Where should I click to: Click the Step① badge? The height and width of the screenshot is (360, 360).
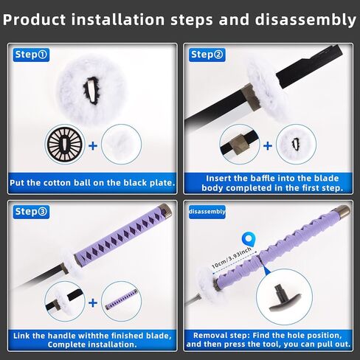[31, 55]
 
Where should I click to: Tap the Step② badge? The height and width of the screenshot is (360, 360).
[207, 55]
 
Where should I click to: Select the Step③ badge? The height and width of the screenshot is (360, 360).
[31, 212]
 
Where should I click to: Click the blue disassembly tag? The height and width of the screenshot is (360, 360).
[207, 212]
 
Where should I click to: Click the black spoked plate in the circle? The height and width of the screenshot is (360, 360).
[65, 145]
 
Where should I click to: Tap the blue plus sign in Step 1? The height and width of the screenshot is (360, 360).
[93, 146]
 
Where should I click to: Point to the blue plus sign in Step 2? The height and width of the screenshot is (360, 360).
[268, 146]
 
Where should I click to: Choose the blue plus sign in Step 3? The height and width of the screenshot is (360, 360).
[93, 302]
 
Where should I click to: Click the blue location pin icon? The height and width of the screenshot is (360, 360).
[249, 239]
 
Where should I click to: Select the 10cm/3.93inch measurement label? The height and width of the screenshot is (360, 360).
[232, 257]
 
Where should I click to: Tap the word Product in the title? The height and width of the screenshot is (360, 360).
[35, 20]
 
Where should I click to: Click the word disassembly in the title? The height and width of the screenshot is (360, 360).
[305, 20]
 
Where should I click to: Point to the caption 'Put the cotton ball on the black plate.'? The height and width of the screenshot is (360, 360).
[92, 183]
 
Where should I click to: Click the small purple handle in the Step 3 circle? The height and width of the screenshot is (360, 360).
[122, 300]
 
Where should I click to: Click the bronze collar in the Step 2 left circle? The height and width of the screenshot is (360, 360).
[239, 145]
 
